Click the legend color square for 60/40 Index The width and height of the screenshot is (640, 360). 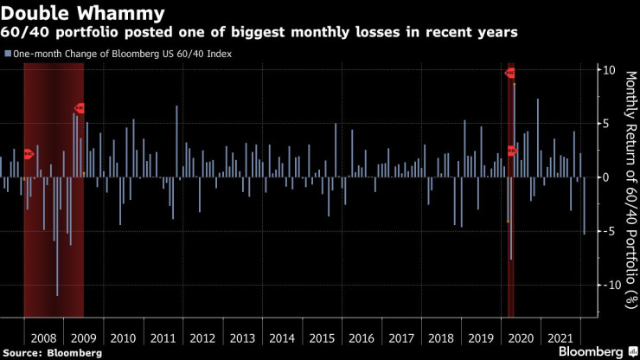[8, 53]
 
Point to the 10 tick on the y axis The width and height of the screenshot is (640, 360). [608, 70]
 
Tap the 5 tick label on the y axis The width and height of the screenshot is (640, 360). [610, 124]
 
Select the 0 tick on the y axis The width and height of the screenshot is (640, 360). [610, 177]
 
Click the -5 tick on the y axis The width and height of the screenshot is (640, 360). [608, 231]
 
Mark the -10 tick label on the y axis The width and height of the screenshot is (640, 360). [606, 285]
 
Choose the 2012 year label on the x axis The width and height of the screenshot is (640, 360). [202, 337]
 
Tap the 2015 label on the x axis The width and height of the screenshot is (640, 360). [322, 337]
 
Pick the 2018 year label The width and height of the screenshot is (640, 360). [441, 337]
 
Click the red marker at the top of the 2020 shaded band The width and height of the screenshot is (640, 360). [510, 73]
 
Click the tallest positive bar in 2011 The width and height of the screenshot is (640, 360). [176, 142]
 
